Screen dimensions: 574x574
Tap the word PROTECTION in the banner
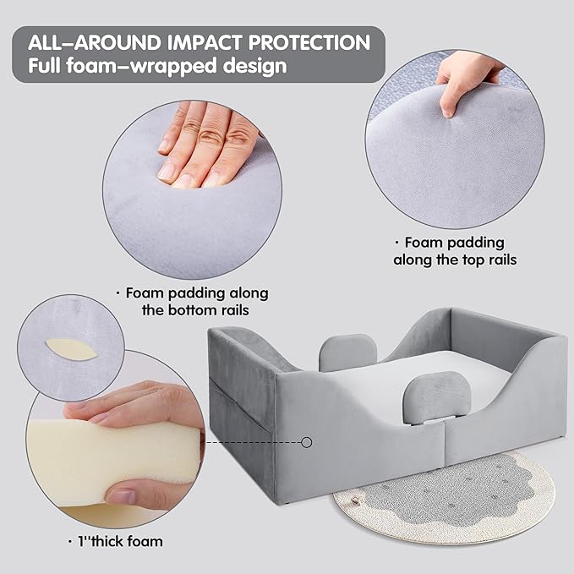[309, 42]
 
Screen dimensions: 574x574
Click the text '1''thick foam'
[116, 541]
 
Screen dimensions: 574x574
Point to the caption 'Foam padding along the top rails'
[455, 251]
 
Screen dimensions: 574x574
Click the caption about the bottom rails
[193, 302]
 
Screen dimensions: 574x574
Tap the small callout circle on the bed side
[307, 442]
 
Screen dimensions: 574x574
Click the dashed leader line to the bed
[253, 442]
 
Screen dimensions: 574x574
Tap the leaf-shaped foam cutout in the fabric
[71, 349]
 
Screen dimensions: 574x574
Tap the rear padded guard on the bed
[347, 353]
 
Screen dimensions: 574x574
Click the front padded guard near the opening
[436, 399]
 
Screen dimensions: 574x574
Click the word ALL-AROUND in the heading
[95, 42]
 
